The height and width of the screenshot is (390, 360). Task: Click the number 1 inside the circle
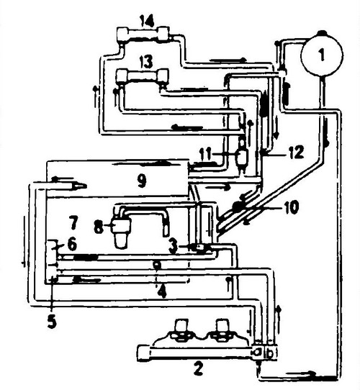click(x=322, y=55)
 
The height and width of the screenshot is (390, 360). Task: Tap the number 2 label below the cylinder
click(x=199, y=368)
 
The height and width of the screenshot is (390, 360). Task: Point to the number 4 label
click(x=161, y=291)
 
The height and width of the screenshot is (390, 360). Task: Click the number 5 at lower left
click(x=52, y=322)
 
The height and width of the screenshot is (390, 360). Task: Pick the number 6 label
click(x=72, y=245)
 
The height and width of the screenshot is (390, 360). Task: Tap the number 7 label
click(x=74, y=222)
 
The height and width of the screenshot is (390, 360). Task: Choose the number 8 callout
click(x=99, y=227)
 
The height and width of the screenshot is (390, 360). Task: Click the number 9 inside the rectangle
click(x=142, y=181)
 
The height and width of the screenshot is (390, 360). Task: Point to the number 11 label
click(x=205, y=154)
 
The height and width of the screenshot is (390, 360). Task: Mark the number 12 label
click(x=295, y=152)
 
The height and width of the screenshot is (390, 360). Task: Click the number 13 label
click(x=146, y=61)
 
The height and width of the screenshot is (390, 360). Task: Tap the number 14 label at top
click(x=146, y=21)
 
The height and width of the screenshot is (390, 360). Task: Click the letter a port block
click(x=258, y=352)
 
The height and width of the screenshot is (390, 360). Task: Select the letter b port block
click(x=271, y=352)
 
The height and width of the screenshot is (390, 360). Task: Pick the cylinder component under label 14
click(x=143, y=34)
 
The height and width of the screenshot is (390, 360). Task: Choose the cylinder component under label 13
click(x=143, y=76)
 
